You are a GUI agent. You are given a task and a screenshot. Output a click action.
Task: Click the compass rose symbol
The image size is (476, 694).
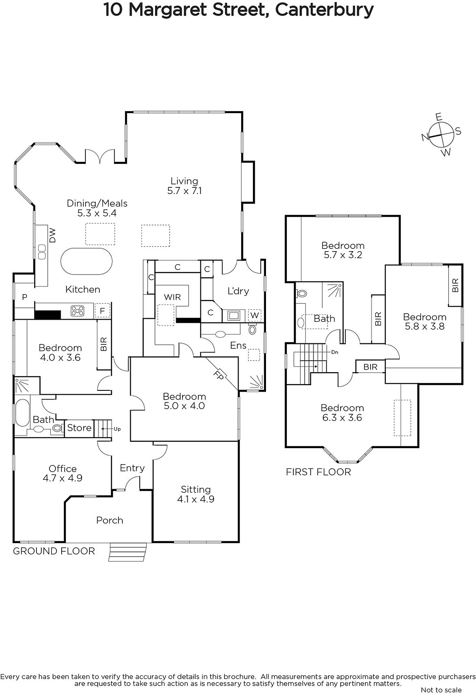pos(442,135)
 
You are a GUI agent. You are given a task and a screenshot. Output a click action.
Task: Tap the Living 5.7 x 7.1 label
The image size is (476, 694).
pos(184,186)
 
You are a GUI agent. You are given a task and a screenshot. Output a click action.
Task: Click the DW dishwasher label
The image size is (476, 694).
pos(52,235)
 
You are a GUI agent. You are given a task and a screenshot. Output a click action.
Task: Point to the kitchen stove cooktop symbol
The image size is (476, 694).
pos(78,311)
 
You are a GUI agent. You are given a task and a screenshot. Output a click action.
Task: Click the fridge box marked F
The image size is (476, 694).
pos(102,311)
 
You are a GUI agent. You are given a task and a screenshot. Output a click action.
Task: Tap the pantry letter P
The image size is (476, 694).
pos(24,297)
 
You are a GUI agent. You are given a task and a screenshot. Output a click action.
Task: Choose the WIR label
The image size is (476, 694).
pos(172,297)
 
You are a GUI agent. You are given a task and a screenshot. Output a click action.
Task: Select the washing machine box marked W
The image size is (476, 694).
pos(254,315)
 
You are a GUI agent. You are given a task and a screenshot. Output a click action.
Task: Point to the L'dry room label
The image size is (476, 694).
pos(238,291)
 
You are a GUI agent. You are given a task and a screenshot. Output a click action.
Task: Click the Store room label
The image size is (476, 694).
pos(79,428)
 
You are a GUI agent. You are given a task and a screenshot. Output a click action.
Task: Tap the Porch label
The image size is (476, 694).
pos(110,520)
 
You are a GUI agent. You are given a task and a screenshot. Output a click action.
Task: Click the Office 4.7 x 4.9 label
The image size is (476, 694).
pos(62,473)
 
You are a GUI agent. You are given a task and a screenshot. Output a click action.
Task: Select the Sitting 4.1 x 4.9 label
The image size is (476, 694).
pos(196,494)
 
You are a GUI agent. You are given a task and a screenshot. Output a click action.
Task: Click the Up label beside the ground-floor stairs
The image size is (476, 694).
pos(117,429)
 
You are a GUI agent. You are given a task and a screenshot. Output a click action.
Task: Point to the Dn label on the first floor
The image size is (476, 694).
pos(335,352)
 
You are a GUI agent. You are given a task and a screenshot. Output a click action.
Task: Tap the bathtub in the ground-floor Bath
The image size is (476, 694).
pos(22,412)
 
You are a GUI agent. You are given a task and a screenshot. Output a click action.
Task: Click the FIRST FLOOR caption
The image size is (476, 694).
pos(318,472)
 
